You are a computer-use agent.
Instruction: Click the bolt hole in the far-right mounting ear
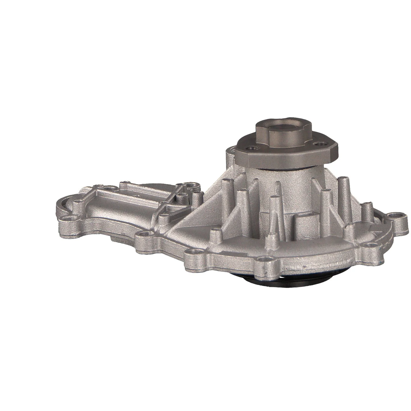pyautogui.click(x=395, y=215)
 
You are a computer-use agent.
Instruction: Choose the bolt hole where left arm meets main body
pyautogui.click(x=143, y=234)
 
